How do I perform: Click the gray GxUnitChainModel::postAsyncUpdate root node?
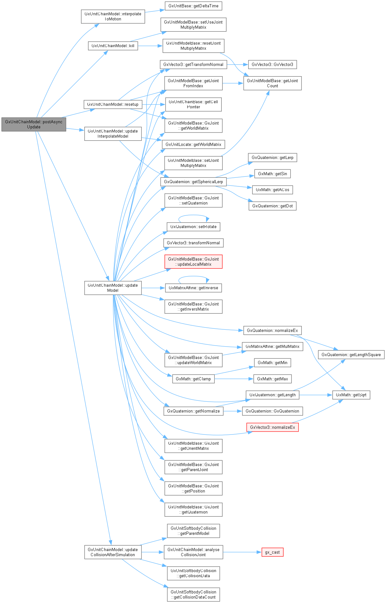[x=33, y=124]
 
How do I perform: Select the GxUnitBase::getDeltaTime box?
[x=193, y=6]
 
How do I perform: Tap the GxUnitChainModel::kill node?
[x=113, y=46]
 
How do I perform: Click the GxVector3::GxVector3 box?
[x=272, y=64]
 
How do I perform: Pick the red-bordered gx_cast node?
[x=272, y=552]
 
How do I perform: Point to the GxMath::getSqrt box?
[x=351, y=395]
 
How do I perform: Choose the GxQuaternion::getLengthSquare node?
[x=351, y=355]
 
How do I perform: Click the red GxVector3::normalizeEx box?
[x=272, y=427]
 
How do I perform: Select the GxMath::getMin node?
[x=272, y=363]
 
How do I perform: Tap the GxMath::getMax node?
[x=272, y=379]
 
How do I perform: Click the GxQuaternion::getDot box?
[x=272, y=206]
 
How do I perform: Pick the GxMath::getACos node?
[x=272, y=190]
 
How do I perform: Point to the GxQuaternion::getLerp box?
[x=272, y=157]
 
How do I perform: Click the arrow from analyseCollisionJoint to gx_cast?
[x=242, y=552]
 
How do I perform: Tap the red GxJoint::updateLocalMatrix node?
[x=193, y=262]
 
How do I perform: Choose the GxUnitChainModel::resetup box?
[x=113, y=104]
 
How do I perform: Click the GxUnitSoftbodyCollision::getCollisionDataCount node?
[x=193, y=594]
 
